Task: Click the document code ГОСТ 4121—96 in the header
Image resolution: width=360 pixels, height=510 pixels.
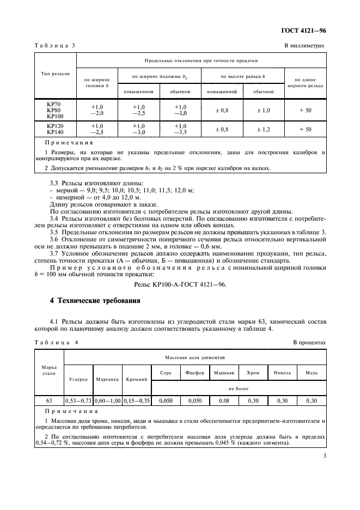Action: [307, 31]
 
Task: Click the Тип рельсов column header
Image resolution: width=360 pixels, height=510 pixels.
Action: [54, 74]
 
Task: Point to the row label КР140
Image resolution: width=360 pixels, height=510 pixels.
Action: [54, 132]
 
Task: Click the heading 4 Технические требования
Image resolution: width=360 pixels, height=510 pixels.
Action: [95, 300]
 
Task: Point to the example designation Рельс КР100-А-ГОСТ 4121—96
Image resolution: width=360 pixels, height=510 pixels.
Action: [180, 284]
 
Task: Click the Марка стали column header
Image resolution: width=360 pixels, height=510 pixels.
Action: [49, 371]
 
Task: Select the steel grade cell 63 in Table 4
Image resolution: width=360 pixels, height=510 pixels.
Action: [49, 400]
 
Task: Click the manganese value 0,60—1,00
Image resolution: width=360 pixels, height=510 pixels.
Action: [108, 400]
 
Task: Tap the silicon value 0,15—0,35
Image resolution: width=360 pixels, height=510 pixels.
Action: [137, 400]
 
